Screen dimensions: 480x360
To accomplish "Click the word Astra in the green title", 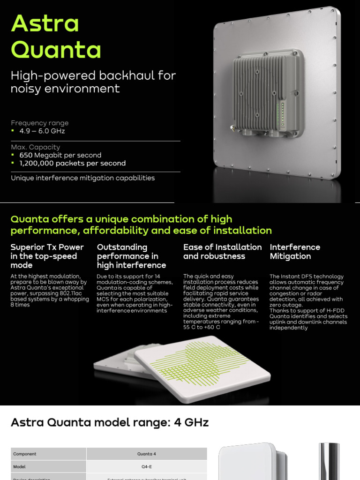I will point(45,23).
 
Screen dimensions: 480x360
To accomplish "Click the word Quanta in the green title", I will point(56,50).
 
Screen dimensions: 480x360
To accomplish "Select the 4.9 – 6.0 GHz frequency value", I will point(42,131).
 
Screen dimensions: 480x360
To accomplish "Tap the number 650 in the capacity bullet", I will point(27,155).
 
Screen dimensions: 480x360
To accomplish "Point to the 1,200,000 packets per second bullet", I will point(72,163).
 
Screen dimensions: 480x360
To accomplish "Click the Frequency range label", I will point(39,123).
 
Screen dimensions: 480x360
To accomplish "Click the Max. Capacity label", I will point(35,147).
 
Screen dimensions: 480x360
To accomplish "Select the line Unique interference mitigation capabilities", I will point(82,178).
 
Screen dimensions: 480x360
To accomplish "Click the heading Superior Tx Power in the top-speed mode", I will point(47,256).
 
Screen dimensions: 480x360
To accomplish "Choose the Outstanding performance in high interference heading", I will point(131,256).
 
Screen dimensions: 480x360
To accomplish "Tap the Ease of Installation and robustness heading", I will point(222,252).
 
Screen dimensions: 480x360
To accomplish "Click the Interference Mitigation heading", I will point(295,252).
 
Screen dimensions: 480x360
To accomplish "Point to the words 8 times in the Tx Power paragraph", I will point(20,305).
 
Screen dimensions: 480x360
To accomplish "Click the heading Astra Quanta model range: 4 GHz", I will point(109,423).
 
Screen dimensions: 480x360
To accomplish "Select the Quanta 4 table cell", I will point(147,454).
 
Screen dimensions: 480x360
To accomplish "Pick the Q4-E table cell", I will point(147,466).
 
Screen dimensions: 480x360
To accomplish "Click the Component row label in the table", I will point(25,454).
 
